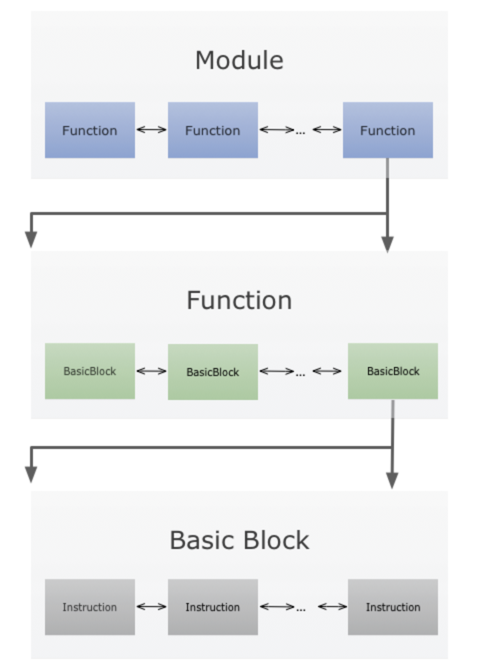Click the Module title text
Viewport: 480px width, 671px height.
click(239, 60)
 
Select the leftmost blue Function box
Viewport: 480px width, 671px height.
click(90, 130)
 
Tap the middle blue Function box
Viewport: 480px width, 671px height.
click(213, 130)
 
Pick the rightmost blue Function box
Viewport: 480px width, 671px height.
click(387, 130)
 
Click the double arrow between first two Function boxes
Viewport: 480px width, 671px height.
click(151, 130)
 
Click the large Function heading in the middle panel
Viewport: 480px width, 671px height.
click(239, 300)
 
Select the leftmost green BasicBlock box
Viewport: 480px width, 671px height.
click(90, 371)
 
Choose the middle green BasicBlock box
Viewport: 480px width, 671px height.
click(213, 372)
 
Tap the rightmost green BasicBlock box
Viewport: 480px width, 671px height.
click(392, 371)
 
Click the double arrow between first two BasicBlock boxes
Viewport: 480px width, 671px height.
click(151, 371)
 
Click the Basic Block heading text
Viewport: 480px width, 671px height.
click(239, 540)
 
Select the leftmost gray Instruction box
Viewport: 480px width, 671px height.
click(90, 607)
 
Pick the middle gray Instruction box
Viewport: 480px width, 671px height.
click(213, 607)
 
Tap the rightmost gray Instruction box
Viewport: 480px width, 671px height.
click(392, 607)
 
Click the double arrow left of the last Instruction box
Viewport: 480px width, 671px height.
click(332, 607)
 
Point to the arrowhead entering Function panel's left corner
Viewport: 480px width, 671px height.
click(31, 239)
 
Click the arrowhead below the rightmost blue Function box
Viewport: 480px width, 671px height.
click(387, 244)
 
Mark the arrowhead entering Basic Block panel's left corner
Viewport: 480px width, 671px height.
click(31, 474)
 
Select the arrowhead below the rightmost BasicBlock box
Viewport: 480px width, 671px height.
click(392, 480)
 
